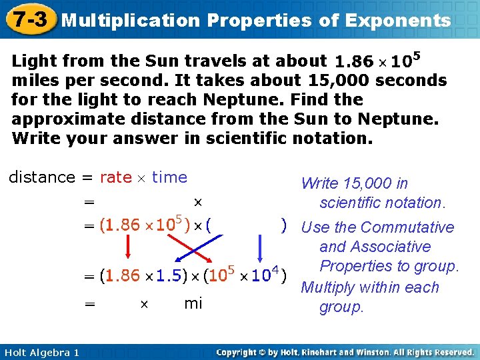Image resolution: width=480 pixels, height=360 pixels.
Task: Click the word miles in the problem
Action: [34, 81]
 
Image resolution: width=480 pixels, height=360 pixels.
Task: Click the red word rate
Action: [115, 177]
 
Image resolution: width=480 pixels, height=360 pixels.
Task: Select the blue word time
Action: [169, 177]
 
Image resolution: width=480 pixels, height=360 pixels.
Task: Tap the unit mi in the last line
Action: [193, 304]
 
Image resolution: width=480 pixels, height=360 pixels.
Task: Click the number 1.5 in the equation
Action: [166, 275]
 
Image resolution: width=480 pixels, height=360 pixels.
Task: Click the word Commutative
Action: [407, 227]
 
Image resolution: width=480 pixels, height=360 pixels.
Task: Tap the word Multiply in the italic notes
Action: [330, 288]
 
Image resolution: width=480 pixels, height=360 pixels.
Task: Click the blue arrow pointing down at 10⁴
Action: [261, 250]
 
